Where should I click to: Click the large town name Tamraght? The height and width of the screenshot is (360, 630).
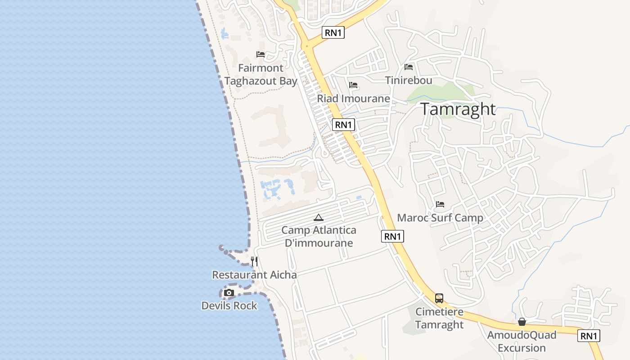458,109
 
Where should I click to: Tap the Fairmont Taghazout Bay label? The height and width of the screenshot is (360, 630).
261,75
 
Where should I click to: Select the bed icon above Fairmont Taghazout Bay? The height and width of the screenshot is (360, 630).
261,54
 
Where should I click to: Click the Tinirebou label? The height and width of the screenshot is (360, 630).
409,81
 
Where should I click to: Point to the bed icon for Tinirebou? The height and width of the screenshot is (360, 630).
409,67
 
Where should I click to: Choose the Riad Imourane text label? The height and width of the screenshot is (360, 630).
353,99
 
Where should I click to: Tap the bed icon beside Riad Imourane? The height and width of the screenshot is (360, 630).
353,85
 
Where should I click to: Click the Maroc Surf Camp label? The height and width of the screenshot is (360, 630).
440,218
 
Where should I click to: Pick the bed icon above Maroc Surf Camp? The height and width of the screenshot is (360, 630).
440,204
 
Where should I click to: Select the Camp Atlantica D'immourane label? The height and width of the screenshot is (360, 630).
319,237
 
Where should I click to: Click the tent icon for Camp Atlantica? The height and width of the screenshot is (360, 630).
319,218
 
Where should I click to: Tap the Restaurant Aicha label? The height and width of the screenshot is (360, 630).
254,275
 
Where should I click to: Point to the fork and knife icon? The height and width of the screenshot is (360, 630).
254,261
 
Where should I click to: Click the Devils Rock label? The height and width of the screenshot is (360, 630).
229,306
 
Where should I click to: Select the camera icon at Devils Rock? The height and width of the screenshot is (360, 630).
229,293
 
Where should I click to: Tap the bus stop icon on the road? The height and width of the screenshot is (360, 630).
439,298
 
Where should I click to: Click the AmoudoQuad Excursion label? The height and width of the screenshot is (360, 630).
522,342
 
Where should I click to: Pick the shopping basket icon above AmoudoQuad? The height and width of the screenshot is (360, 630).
522,322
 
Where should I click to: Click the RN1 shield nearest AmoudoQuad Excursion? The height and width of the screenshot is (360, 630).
589,336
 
